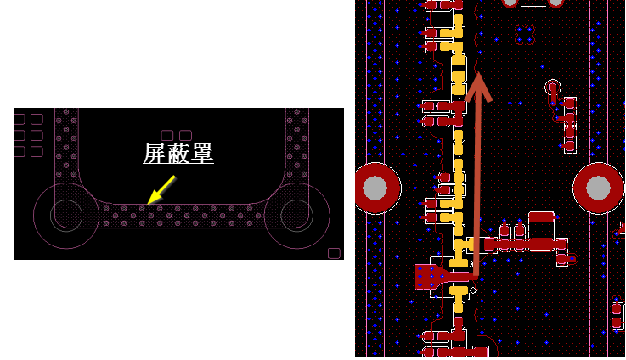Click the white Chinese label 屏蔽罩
[178, 153]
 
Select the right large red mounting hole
[599, 188]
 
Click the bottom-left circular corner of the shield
[66, 215]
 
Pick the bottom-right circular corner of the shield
[296, 215]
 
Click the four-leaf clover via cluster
[525, 35]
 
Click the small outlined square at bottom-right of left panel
[334, 253]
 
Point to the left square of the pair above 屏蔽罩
[167, 135]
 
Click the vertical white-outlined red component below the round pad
[570, 124]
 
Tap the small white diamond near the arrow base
[473, 291]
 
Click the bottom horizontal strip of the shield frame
[183, 216]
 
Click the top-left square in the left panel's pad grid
[20, 119]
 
